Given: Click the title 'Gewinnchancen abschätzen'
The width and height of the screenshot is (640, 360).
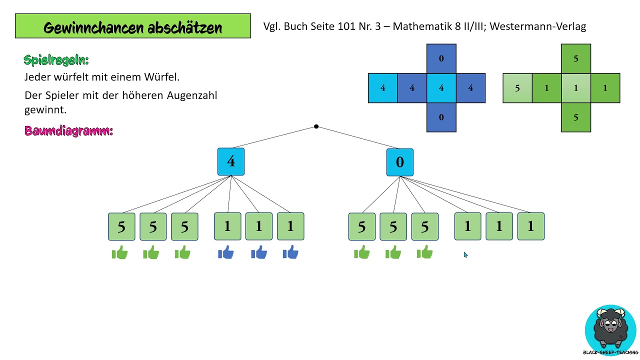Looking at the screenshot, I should pos(132,27).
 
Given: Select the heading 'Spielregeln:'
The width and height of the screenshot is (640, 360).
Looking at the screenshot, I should pos(56,60).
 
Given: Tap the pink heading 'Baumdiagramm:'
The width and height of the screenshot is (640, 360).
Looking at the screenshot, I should pos(68,131).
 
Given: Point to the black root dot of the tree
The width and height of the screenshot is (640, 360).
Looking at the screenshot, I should pos(316,126).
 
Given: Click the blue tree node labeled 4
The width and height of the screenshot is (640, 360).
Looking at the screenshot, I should pos(231,161).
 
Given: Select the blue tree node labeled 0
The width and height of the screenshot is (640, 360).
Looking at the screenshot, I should pos(400,162).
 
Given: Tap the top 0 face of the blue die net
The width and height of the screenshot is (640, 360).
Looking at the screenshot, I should pos(441,58).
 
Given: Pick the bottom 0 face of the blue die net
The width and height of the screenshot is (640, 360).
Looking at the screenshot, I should pos(441,117).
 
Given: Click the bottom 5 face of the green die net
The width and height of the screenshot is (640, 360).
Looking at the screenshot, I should pos(576,117).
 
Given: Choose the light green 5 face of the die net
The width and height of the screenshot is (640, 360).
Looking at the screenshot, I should pos(517,88).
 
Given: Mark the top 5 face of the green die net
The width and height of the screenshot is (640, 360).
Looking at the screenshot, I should pos(576,58).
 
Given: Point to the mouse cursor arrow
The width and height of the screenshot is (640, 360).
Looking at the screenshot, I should pos(465,254).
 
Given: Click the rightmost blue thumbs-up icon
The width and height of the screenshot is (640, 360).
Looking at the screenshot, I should pos(290,253).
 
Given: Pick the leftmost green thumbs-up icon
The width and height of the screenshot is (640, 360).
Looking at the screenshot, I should pos(120,253).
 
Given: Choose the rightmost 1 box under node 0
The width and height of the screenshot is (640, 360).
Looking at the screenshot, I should pos(530,226).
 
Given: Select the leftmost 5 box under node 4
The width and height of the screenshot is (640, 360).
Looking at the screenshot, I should pos(121,226).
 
